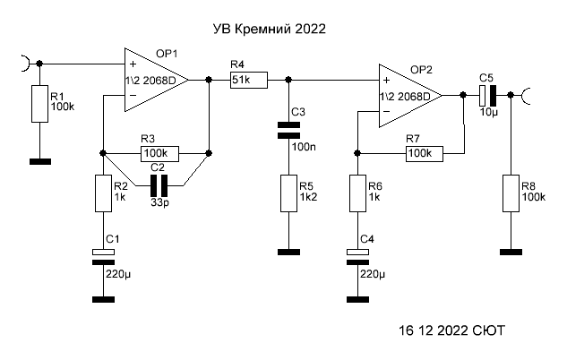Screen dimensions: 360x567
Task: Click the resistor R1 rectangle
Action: pos(39,104)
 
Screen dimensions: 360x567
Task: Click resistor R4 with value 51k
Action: pos(248,81)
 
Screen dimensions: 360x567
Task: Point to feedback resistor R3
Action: pos(160,153)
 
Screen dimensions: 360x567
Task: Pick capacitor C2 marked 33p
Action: pos(160,187)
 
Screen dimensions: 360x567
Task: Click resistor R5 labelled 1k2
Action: pos(288,193)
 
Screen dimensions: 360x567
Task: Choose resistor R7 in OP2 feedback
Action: pos(425,153)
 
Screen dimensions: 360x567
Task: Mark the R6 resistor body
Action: pos(358,193)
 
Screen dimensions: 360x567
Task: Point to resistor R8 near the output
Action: pos(511,193)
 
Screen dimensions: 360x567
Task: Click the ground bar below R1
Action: pos(39,162)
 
